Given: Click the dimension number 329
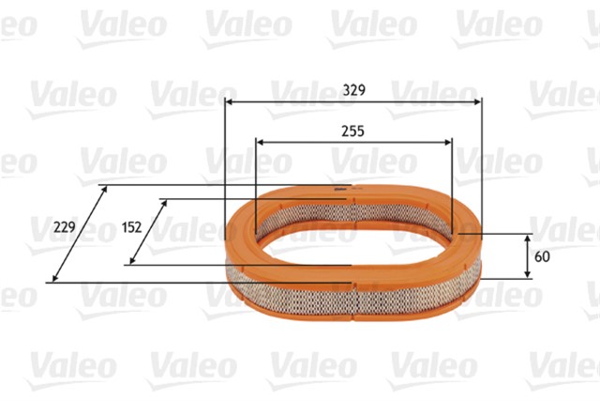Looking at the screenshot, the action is click(x=354, y=90).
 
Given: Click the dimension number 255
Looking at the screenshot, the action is click(x=352, y=131).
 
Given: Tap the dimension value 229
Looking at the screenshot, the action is click(x=65, y=227).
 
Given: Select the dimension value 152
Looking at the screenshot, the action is click(x=131, y=227).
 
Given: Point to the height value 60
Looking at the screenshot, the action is click(x=542, y=256).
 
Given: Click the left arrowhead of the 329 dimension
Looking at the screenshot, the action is click(x=229, y=102).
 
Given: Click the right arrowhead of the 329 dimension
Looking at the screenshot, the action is click(x=477, y=102).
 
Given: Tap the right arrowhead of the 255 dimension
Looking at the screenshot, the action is click(x=447, y=143).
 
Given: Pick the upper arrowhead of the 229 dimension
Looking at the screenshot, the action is click(x=104, y=189).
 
